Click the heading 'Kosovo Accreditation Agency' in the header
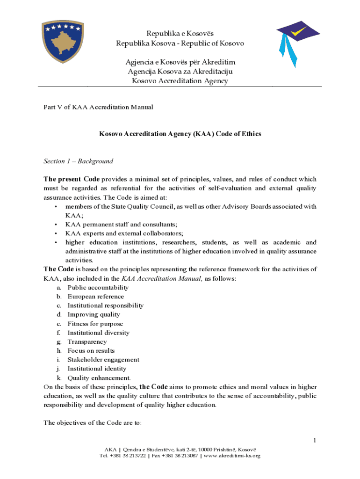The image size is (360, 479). [x=180, y=81]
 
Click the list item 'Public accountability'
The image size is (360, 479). [x=98, y=287]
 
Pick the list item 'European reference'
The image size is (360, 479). [x=95, y=296]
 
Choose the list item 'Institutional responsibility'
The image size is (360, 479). [x=105, y=305]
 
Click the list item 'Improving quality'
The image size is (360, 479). [x=94, y=314]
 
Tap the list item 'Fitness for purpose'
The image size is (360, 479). [x=95, y=324]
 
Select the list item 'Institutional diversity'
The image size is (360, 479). [x=98, y=333]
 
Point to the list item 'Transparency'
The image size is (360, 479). [x=87, y=342]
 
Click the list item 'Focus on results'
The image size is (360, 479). [x=91, y=351]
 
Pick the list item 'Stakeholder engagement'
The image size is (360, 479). [x=103, y=360]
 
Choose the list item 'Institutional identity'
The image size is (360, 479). [x=97, y=369]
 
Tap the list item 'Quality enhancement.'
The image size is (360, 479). [x=99, y=378]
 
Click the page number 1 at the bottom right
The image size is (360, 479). [x=315, y=441]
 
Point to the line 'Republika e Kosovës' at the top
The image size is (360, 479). [x=180, y=34]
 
